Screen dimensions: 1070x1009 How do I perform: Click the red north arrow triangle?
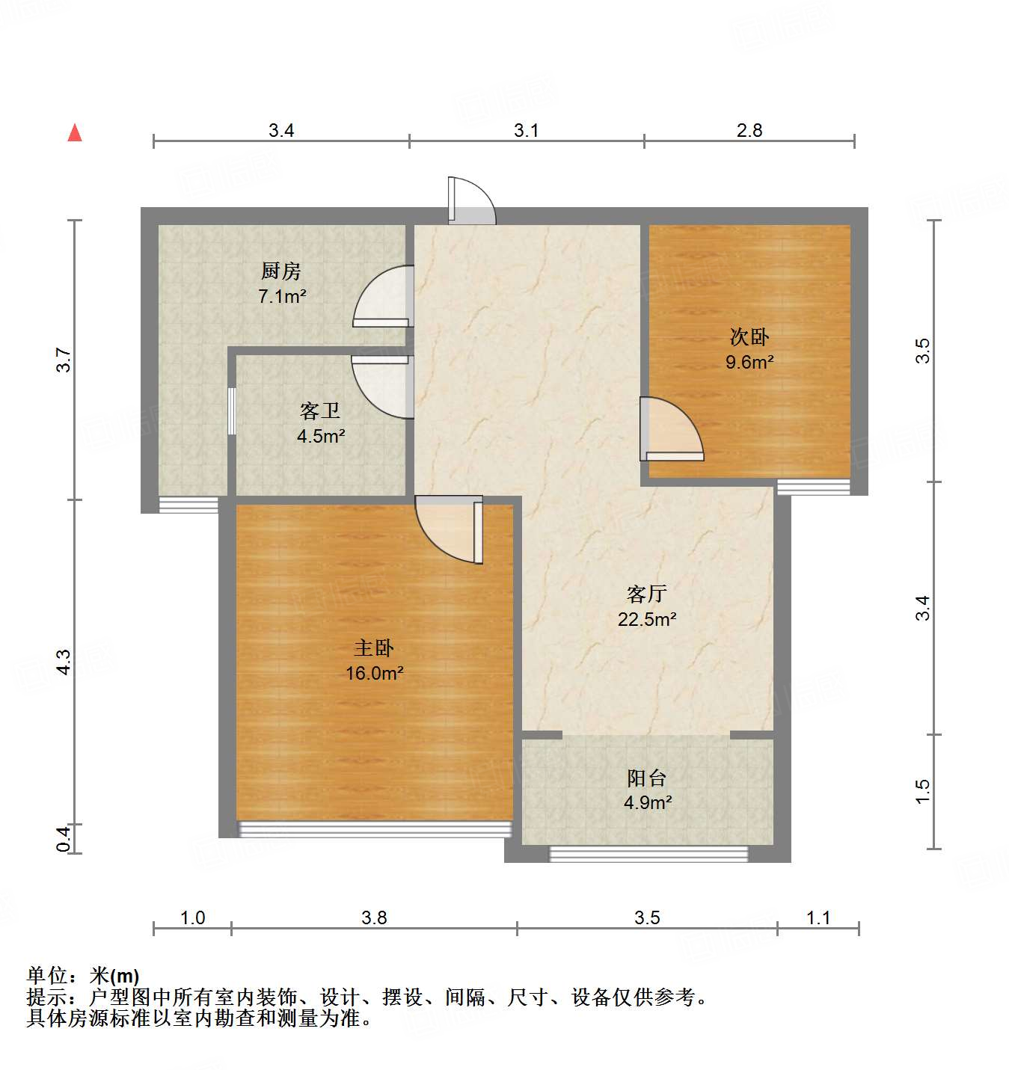coord(75,132)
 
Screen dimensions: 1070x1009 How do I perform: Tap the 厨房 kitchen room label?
coord(281,271)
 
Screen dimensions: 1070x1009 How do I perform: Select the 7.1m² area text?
coord(282,296)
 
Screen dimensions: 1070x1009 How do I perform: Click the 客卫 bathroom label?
coord(320,411)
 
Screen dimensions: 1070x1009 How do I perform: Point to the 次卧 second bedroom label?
coord(749,336)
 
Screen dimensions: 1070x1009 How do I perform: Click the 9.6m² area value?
coord(749,362)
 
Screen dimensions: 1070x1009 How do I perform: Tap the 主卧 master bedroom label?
coord(374,648)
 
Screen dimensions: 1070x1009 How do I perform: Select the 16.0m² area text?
coord(374,673)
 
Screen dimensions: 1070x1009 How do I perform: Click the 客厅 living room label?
coord(647,594)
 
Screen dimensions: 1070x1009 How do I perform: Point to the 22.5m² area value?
coord(647,619)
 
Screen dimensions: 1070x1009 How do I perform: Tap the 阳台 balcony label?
coord(647,778)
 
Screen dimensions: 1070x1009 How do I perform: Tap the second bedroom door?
coord(671,430)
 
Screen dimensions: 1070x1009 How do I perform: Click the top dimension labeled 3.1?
coord(526,130)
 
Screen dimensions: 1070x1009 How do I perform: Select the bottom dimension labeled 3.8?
coord(374,917)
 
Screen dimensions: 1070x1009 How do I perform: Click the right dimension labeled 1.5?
coord(922,791)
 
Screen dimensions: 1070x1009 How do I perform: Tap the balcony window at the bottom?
coord(648,854)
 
